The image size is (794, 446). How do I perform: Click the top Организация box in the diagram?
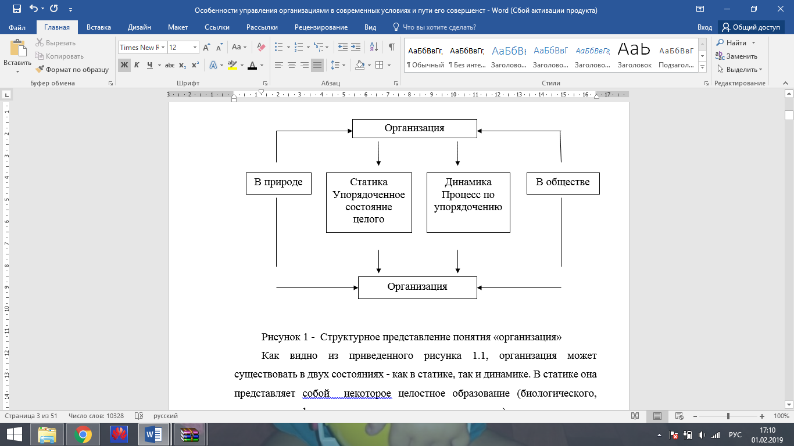(x=414, y=128)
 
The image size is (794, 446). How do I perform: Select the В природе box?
(x=278, y=183)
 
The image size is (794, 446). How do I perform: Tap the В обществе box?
(x=563, y=183)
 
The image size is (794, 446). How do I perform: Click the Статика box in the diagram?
(x=369, y=202)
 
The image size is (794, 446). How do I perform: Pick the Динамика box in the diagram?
(x=468, y=202)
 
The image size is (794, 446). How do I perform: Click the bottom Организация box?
(x=417, y=287)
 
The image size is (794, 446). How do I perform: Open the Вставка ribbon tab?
(x=99, y=27)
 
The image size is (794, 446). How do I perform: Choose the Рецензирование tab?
(x=321, y=27)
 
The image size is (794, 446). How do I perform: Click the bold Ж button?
(x=124, y=65)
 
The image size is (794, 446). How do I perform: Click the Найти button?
(x=736, y=43)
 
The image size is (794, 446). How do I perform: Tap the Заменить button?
(x=736, y=56)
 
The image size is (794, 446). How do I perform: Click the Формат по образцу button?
(x=72, y=70)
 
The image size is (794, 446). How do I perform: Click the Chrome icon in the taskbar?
(x=83, y=434)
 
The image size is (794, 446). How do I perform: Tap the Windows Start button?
(x=14, y=434)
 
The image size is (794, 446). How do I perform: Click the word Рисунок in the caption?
(x=281, y=337)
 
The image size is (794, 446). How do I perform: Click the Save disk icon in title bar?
(x=17, y=9)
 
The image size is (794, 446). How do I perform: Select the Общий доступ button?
(x=751, y=27)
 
